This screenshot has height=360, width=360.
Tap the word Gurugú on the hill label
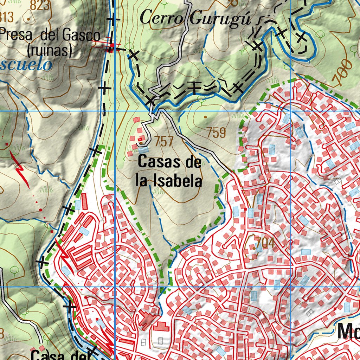tap(220, 18)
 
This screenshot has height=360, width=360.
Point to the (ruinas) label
tap(50, 51)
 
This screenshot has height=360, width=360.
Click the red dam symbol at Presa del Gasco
tap(110, 47)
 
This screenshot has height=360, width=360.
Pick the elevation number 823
tap(40, 5)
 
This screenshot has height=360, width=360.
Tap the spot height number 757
tap(164, 141)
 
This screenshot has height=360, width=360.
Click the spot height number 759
tap(216, 133)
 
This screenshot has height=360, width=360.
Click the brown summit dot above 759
tap(205, 117)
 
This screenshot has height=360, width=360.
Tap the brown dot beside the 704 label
tap(254, 248)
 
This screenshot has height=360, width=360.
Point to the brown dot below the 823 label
tap(28, 18)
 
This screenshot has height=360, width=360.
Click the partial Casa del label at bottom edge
tap(60, 355)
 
